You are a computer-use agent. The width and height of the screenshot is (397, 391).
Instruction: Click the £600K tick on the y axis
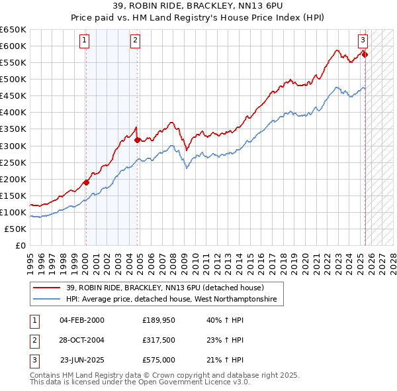(x=13, y=46)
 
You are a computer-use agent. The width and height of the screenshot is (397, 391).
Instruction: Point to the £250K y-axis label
(x=13, y=162)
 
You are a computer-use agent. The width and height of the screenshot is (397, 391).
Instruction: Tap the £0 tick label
(x=21, y=245)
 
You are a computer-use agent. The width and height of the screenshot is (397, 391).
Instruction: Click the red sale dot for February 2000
(x=86, y=182)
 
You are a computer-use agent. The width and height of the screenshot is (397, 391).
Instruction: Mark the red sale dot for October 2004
(x=137, y=140)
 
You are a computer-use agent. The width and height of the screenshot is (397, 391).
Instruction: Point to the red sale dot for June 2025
(x=365, y=54)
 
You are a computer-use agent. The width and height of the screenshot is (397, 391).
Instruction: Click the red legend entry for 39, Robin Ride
(x=165, y=288)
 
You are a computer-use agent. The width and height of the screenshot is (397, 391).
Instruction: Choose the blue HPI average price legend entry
(x=175, y=300)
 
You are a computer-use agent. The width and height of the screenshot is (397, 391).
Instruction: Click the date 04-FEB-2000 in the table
(x=82, y=320)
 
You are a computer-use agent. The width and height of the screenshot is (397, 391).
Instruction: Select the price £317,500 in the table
(x=158, y=340)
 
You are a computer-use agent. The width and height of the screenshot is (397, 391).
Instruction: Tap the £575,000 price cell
(x=158, y=360)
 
